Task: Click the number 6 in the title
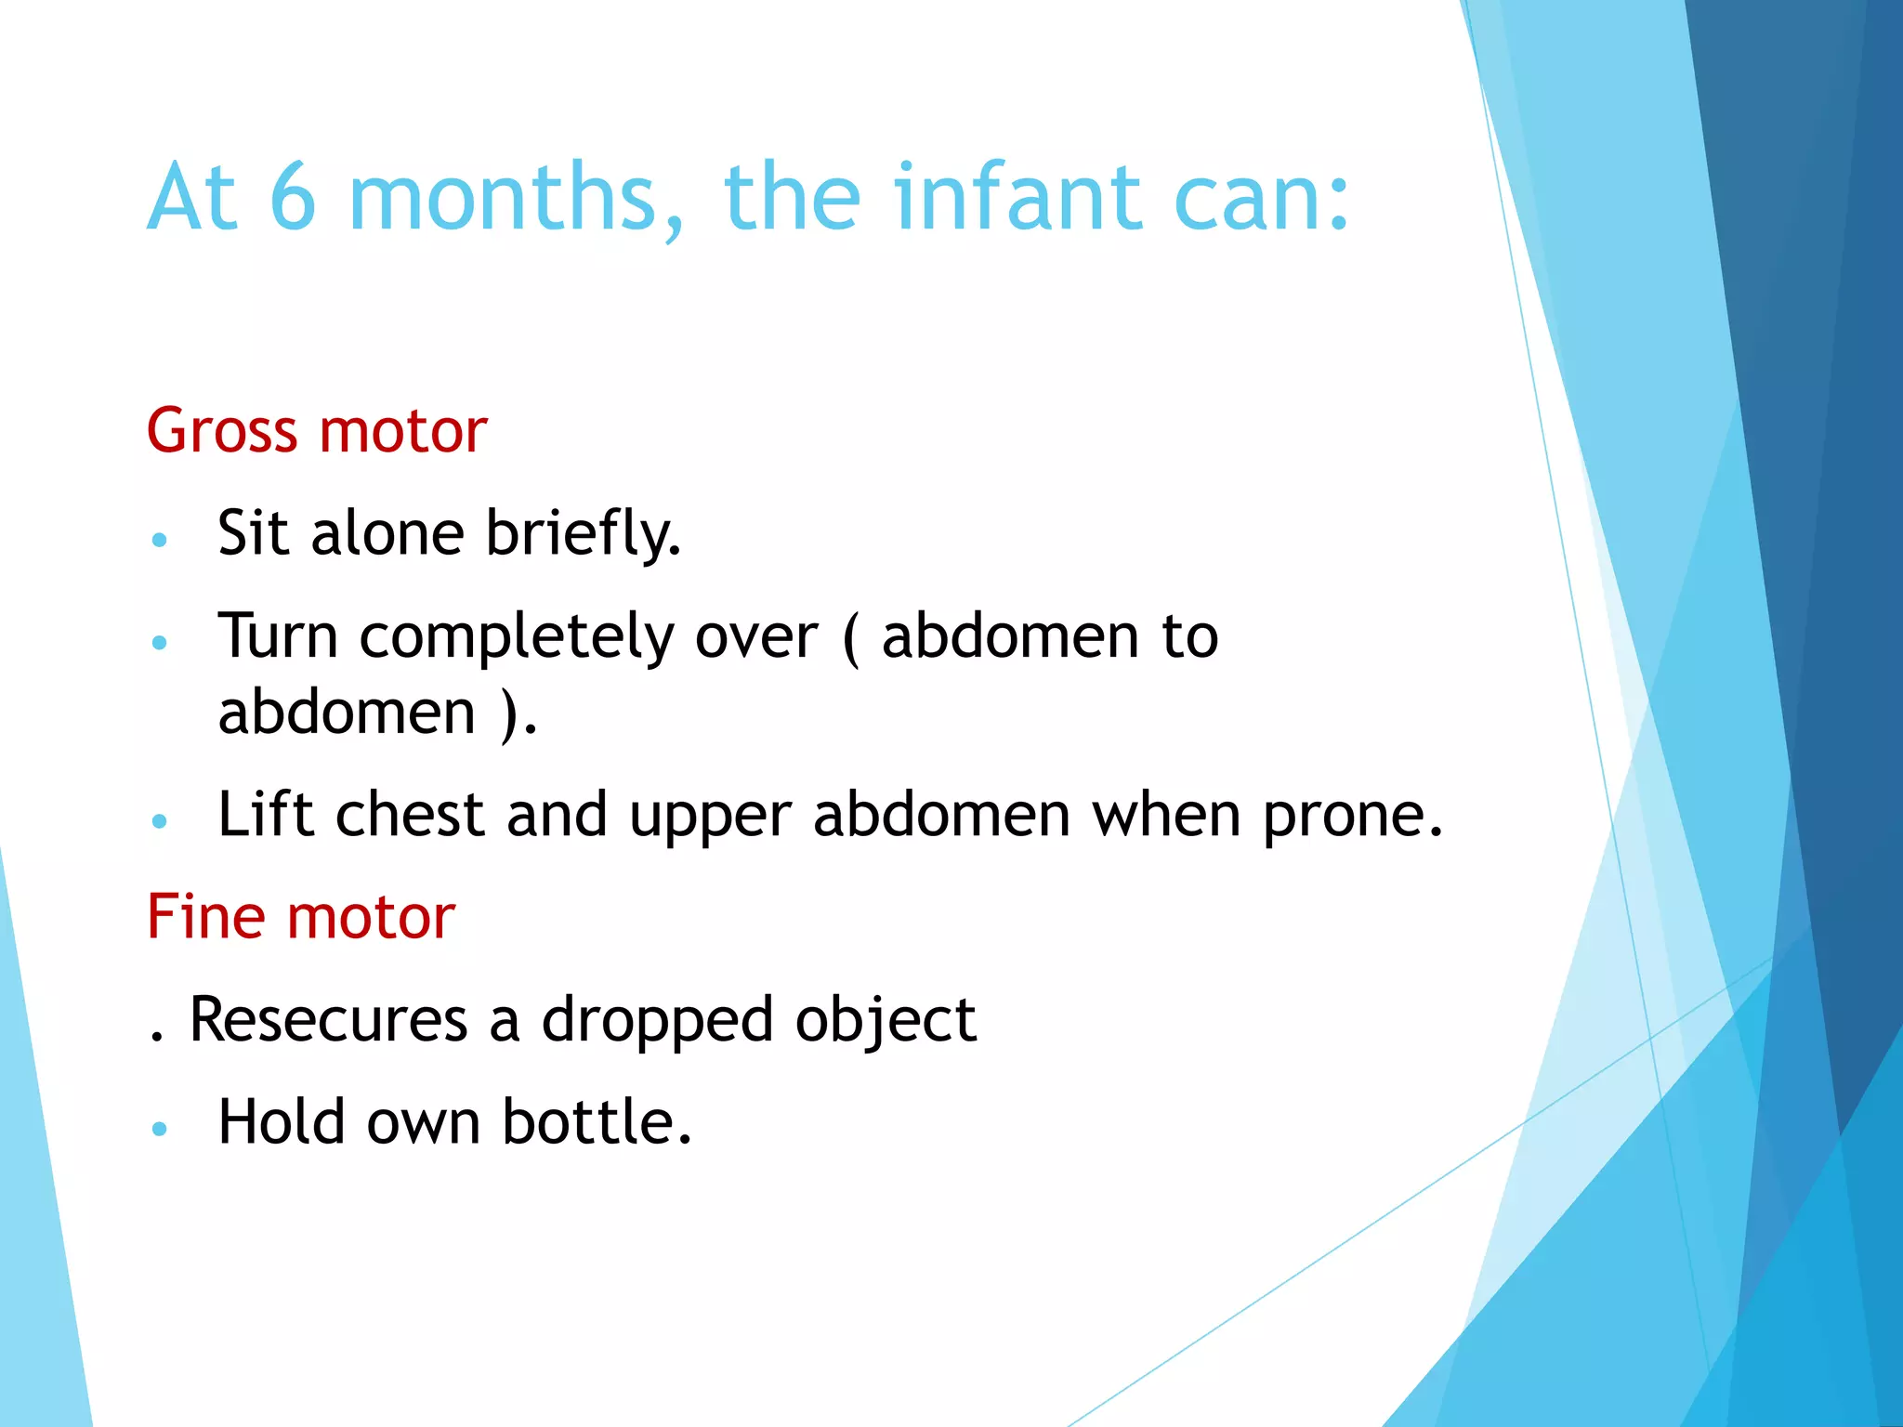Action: (x=293, y=197)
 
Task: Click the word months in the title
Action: (x=517, y=197)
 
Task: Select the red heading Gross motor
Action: (x=317, y=431)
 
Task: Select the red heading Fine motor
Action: (x=301, y=917)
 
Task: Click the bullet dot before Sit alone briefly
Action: (x=160, y=540)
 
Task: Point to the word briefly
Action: (x=583, y=534)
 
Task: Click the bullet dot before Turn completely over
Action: (x=160, y=642)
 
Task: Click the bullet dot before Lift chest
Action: (x=160, y=821)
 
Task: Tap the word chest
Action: (x=410, y=815)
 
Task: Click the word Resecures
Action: (x=328, y=1019)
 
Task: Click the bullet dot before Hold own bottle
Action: (x=160, y=1129)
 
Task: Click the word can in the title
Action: (x=1250, y=197)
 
